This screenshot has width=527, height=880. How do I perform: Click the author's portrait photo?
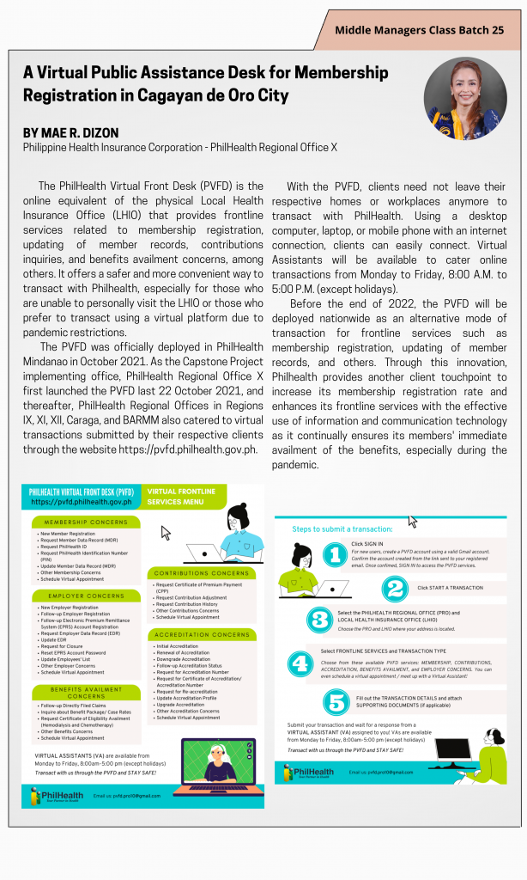pyautogui.click(x=464, y=100)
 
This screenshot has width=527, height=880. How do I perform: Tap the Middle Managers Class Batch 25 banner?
pyautogui.click(x=420, y=30)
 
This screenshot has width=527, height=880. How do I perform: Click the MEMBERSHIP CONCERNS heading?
pyautogui.click(x=86, y=522)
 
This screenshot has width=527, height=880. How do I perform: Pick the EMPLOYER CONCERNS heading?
pyautogui.click(x=86, y=595)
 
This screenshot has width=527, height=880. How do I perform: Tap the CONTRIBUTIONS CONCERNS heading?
pyautogui.click(x=201, y=572)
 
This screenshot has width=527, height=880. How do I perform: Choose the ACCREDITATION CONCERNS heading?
pyautogui.click(x=201, y=634)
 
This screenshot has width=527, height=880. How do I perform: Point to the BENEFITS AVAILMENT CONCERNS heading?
pyautogui.click(x=86, y=692)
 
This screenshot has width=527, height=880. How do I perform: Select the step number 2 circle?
pyautogui.click(x=395, y=589)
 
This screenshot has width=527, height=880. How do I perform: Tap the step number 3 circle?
pyautogui.click(x=318, y=620)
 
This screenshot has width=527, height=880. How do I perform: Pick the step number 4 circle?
pyautogui.click(x=300, y=663)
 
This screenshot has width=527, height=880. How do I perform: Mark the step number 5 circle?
pyautogui.click(x=336, y=702)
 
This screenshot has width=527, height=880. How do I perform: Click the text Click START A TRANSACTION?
pyautogui.click(x=450, y=588)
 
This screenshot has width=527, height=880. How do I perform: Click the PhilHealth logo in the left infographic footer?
pyautogui.click(x=53, y=795)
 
